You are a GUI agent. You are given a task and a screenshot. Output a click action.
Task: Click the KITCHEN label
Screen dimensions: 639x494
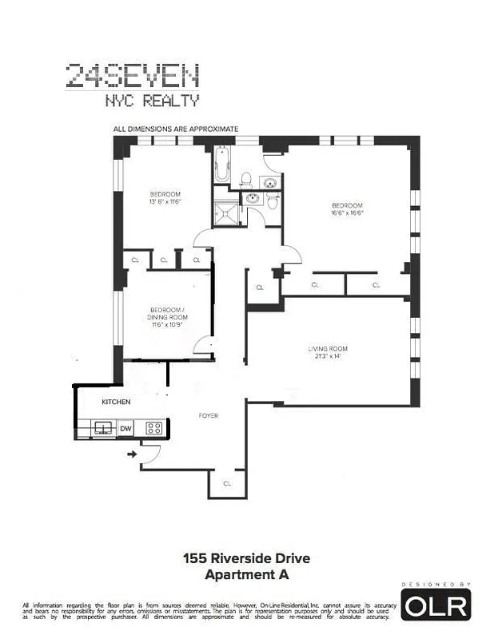point(116,402)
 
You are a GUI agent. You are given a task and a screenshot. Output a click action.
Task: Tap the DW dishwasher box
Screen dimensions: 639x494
point(125,429)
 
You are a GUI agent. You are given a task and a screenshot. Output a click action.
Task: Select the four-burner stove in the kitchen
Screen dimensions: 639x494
point(153,429)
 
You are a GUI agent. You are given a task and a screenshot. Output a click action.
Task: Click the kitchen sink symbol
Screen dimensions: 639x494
point(102,429)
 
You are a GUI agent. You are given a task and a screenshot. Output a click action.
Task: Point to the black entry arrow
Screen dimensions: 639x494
point(131,454)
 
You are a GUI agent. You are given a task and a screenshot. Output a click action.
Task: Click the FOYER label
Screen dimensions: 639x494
point(209,416)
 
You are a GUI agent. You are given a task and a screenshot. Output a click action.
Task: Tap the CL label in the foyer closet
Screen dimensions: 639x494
point(227,483)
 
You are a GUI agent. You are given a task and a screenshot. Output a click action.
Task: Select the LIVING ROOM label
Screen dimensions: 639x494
point(328,348)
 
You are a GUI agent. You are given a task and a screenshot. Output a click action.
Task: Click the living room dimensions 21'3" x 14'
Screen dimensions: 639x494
point(328,356)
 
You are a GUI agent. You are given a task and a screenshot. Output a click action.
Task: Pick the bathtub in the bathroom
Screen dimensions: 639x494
point(221,165)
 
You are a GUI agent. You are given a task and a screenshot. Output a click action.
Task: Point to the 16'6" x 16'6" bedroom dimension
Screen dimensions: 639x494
point(347,213)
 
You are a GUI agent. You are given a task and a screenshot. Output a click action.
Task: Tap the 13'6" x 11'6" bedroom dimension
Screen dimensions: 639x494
point(165,202)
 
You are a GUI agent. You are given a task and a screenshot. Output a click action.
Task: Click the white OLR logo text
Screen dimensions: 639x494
point(436,607)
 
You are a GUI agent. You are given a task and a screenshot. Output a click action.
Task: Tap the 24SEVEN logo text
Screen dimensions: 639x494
point(132,77)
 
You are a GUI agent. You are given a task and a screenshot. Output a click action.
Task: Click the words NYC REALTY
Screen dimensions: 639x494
point(152,101)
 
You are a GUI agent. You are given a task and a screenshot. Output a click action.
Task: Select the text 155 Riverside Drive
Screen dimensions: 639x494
point(246,558)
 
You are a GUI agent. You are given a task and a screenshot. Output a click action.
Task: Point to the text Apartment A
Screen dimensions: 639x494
point(246,574)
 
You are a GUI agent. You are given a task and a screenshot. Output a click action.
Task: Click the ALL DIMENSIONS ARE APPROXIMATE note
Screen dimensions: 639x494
point(176,128)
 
